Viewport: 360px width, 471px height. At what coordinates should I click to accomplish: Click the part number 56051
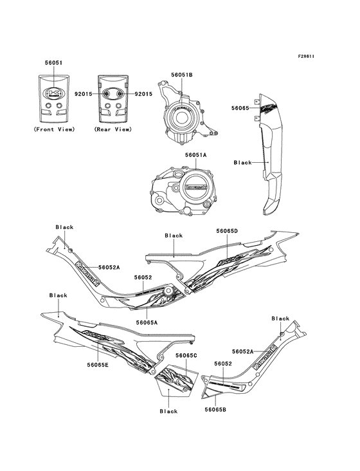coord(54,63)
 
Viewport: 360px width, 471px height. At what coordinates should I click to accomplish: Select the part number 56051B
coord(182,75)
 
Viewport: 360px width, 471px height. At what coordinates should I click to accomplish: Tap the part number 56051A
coord(196,155)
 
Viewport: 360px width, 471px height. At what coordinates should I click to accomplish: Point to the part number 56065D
coord(227,231)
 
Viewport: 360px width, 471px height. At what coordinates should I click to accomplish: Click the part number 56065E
coord(98,365)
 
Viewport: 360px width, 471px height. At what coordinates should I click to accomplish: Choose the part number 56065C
coord(186,355)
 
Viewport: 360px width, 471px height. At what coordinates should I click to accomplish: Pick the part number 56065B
coord(215,409)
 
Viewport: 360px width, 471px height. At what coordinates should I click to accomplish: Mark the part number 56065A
coord(147,322)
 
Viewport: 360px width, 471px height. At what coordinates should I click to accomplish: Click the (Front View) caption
coord(54,129)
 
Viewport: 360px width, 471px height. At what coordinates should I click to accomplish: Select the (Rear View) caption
coord(113,129)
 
